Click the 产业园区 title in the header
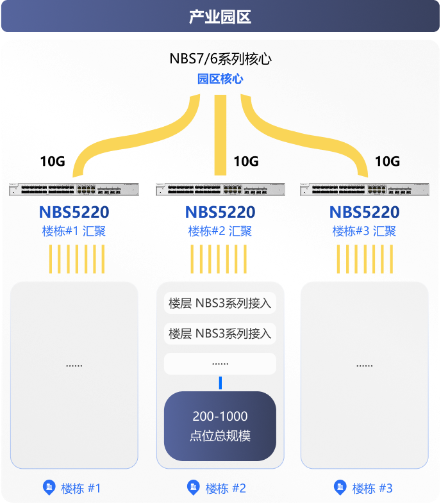(x=220, y=17)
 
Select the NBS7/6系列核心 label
(x=220, y=59)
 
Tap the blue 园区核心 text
(x=220, y=79)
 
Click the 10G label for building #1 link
(x=53, y=161)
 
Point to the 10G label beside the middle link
(x=246, y=161)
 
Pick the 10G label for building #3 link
(x=388, y=161)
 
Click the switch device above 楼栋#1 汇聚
(x=74, y=190)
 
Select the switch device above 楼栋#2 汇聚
(x=220, y=190)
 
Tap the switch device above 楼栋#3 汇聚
(x=365, y=190)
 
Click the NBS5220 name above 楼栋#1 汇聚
(x=74, y=212)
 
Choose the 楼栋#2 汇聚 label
(x=220, y=231)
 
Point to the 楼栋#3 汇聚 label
(x=364, y=231)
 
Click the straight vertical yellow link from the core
(x=220, y=135)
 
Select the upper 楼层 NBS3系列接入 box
(x=220, y=303)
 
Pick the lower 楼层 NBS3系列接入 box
(x=220, y=334)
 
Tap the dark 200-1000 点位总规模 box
(x=220, y=426)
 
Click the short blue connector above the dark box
(x=220, y=383)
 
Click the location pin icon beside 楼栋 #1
(x=49, y=487)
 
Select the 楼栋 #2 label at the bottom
(x=226, y=488)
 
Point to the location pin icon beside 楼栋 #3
(x=340, y=487)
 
